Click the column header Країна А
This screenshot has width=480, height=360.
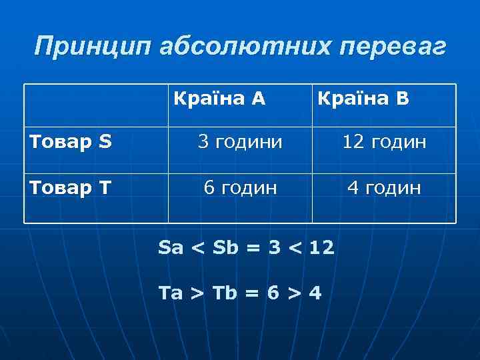[219, 99]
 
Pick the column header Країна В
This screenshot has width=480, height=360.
[363, 99]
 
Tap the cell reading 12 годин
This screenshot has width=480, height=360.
[384, 142]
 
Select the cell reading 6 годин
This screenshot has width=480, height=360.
[240, 188]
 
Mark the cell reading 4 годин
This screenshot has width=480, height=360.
[384, 188]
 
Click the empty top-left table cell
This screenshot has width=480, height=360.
[96, 105]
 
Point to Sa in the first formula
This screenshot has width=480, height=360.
[171, 249]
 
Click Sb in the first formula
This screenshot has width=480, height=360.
[225, 249]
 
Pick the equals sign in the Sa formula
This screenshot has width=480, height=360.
[253, 249]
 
